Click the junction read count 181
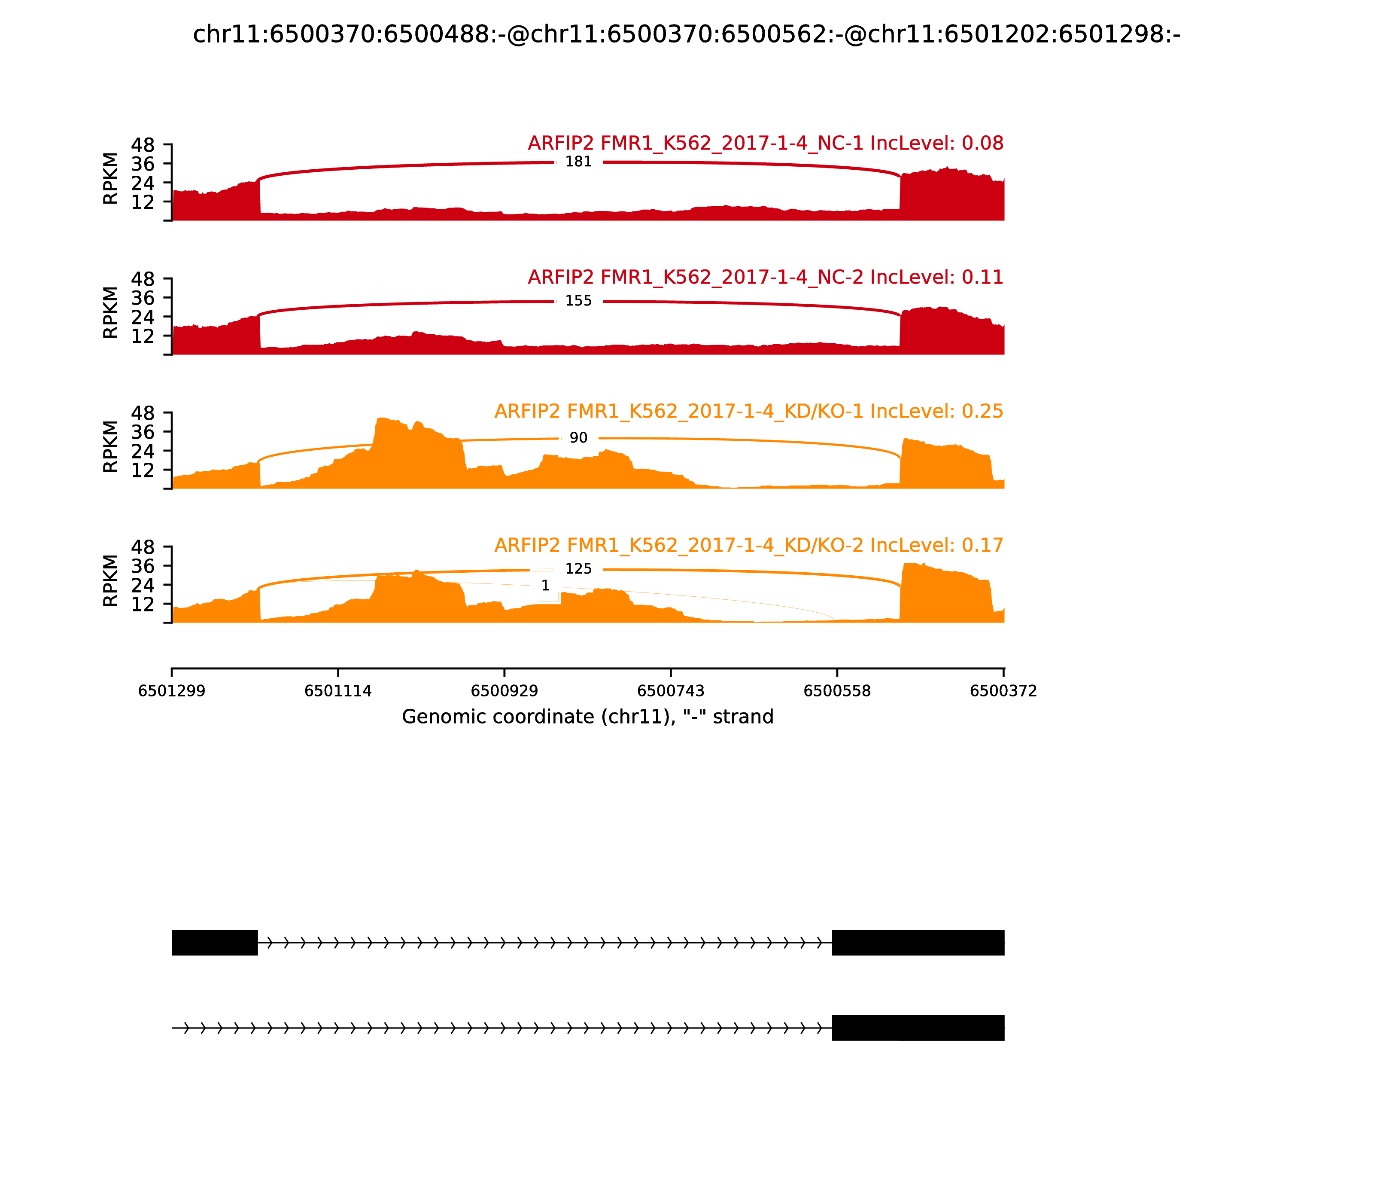pos(578,162)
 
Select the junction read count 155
pos(578,301)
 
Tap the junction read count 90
pos(578,438)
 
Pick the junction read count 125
pos(578,568)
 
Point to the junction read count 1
pos(545,585)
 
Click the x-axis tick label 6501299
pos(172,691)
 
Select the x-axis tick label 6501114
pos(338,691)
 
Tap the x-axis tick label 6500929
pos(505,691)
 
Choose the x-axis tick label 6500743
pos(671,691)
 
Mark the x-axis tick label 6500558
pos(837,691)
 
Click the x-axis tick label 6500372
pos(1004,691)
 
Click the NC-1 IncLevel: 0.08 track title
pos(766,143)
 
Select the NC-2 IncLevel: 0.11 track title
pos(766,277)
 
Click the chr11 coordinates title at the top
pos(686,34)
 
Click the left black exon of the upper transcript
pos(215,943)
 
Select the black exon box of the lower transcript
pos(918,1028)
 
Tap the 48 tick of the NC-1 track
pos(142,145)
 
